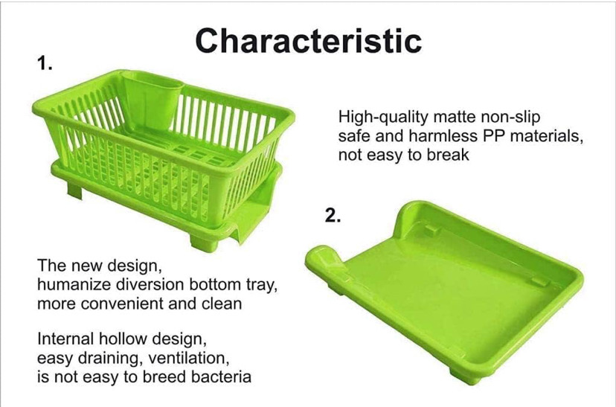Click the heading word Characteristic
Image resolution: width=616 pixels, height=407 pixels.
click(x=309, y=40)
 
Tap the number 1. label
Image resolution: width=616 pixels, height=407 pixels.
click(x=45, y=63)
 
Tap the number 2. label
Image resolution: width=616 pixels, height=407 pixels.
click(x=333, y=215)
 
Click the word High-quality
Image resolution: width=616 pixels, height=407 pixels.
click(x=377, y=118)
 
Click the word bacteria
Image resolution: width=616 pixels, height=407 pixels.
click(x=221, y=376)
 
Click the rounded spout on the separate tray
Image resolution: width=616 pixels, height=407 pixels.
click(x=323, y=258)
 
